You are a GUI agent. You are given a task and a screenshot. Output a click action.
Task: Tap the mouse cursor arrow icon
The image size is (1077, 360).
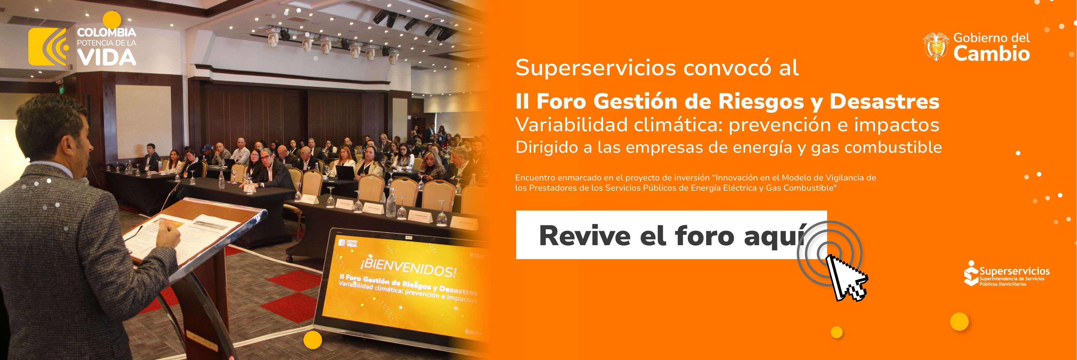coord(845,277)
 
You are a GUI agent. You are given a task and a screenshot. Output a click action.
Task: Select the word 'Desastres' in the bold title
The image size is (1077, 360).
coord(884,102)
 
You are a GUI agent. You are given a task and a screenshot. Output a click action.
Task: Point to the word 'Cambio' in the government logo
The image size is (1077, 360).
coord(991,54)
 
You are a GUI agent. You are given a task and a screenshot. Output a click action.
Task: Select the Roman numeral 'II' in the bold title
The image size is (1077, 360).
coord(522,102)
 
